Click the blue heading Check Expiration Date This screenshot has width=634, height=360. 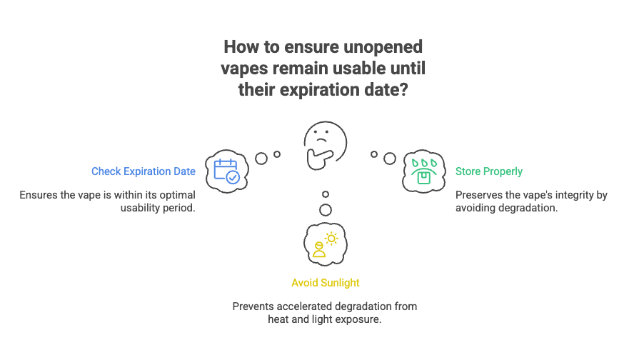(x=143, y=171)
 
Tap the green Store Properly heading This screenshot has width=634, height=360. (x=488, y=171)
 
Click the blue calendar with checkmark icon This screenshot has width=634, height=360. (x=227, y=171)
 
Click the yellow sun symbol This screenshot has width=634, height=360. (x=331, y=239)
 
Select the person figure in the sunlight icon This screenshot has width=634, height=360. (x=318, y=249)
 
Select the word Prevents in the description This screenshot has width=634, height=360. (x=253, y=306)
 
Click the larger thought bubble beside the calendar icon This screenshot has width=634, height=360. (x=262, y=158)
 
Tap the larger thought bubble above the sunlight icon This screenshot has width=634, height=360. (x=326, y=210)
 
